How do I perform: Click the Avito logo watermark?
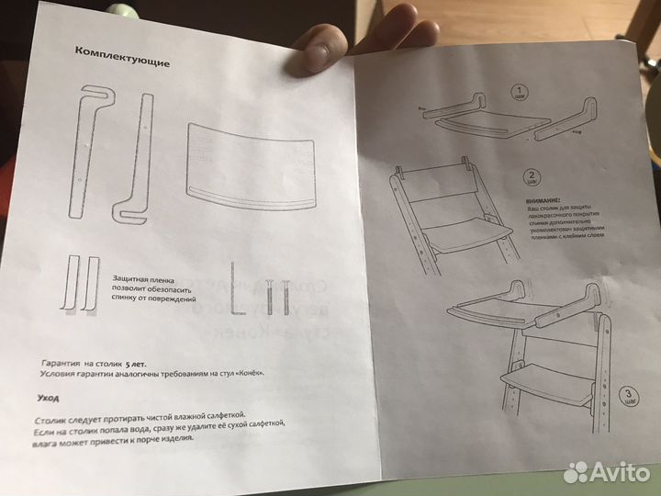[606, 471]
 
